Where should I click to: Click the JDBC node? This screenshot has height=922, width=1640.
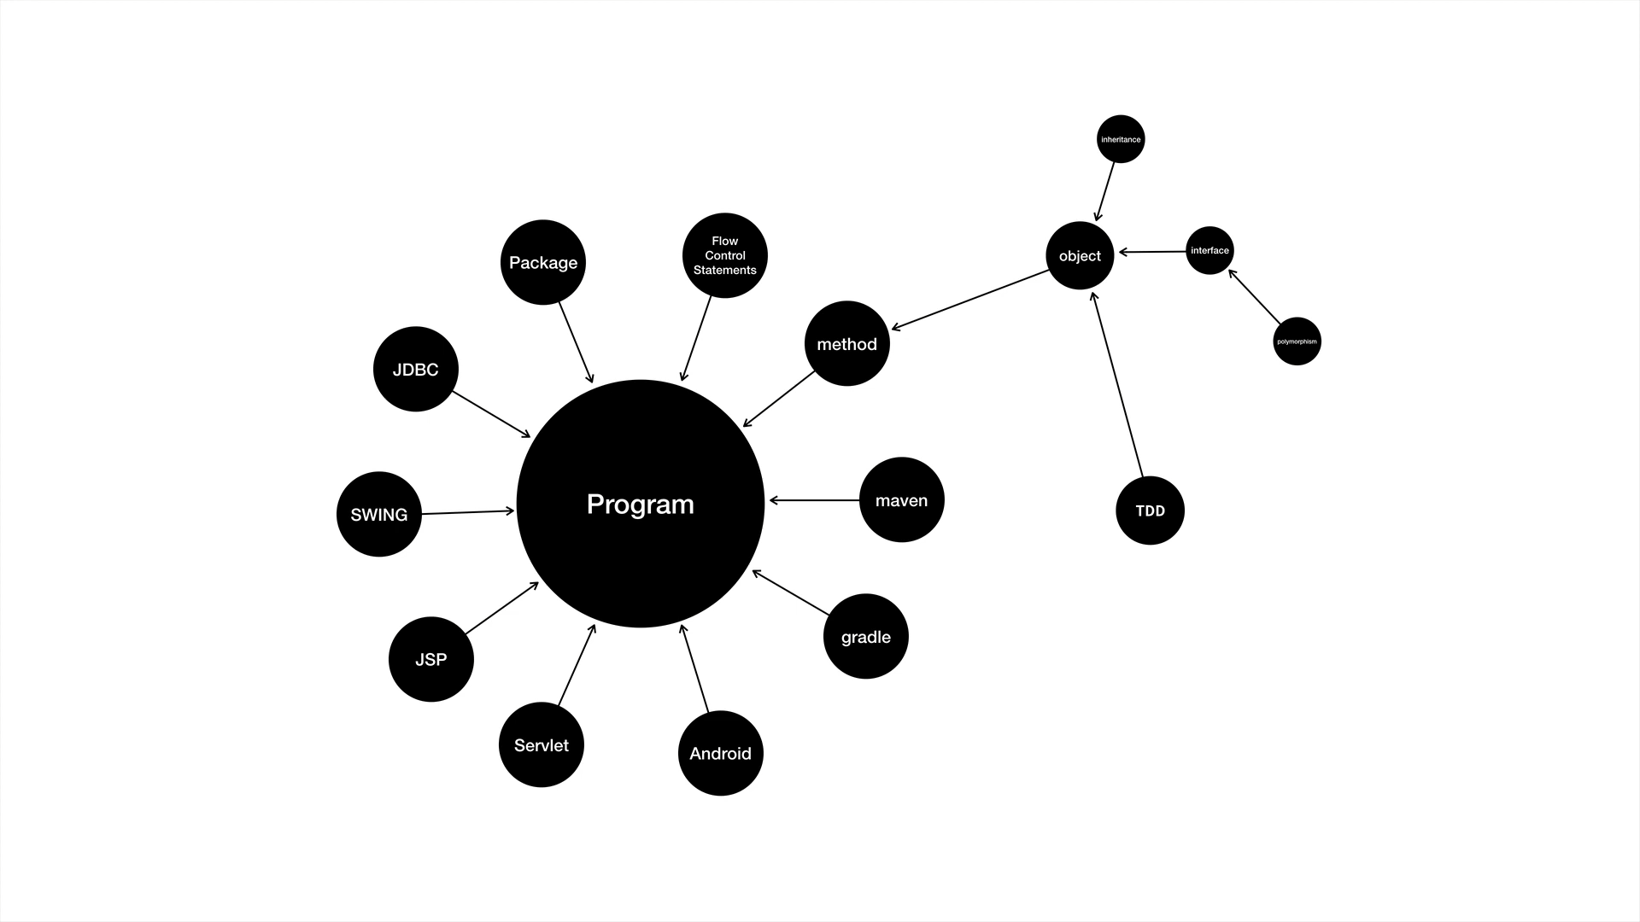(x=416, y=369)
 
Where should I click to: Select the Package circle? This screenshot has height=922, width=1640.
(x=543, y=262)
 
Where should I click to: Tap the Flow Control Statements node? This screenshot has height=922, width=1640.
(x=725, y=255)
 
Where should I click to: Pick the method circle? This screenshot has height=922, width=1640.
(x=847, y=343)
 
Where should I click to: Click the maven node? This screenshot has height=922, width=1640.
(x=901, y=499)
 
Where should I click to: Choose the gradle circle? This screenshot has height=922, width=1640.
(x=866, y=636)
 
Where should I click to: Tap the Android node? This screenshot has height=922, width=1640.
(x=721, y=753)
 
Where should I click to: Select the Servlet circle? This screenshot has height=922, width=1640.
(x=542, y=744)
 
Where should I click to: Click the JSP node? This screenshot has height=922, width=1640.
(x=431, y=659)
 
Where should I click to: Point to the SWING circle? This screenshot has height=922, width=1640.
(x=379, y=514)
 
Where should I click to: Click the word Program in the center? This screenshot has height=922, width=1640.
(x=641, y=504)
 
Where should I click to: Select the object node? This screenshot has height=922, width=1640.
(x=1080, y=255)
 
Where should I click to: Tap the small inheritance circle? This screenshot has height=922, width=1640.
(x=1121, y=139)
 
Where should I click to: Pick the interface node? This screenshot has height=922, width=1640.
(x=1209, y=250)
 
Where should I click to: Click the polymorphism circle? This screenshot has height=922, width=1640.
(x=1297, y=341)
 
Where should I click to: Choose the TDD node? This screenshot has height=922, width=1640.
(x=1151, y=511)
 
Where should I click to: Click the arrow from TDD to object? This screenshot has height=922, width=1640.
(x=1117, y=384)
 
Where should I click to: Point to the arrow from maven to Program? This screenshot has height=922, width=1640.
(x=814, y=500)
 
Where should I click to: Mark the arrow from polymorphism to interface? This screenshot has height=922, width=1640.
(x=1255, y=297)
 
